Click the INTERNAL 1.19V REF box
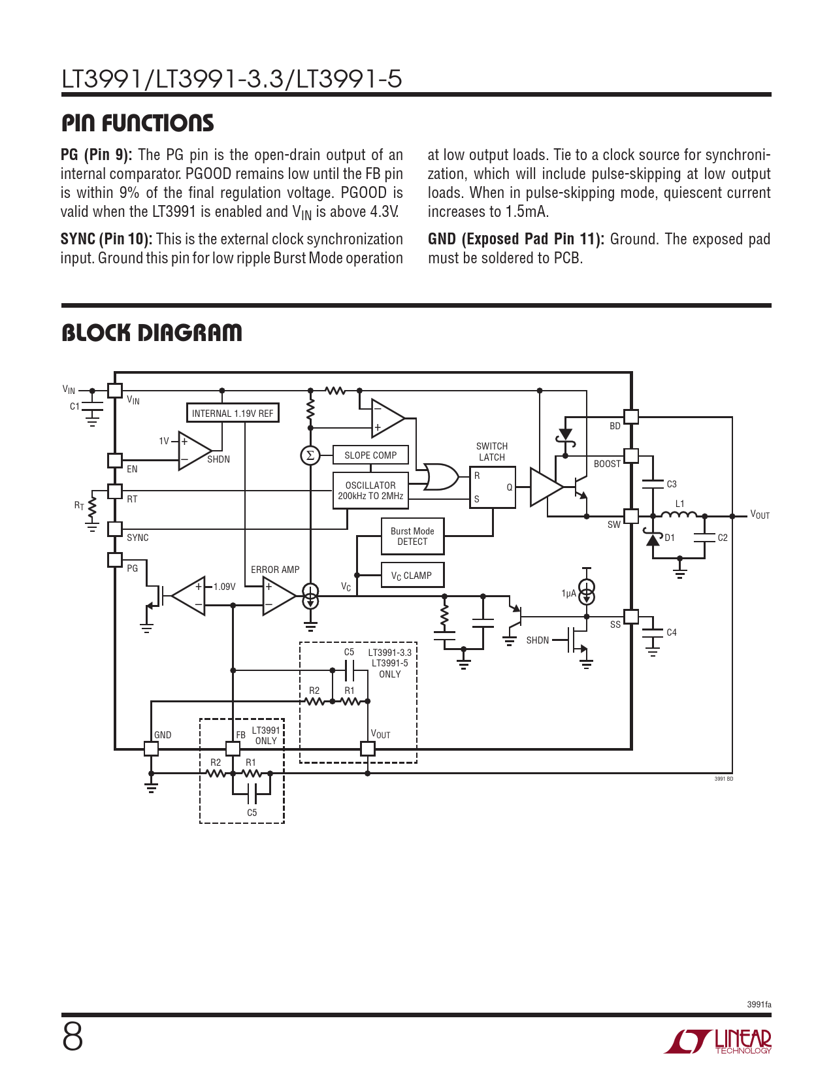[x=233, y=413]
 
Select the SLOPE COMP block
[x=370, y=455]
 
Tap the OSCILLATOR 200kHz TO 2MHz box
[x=370, y=491]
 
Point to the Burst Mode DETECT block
[x=412, y=536]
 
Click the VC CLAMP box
[x=412, y=575]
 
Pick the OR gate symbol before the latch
[x=440, y=477]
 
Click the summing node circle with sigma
[x=310, y=455]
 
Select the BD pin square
[x=631, y=416]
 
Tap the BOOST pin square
[x=631, y=455]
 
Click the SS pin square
[x=631, y=617]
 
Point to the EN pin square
[x=114, y=461]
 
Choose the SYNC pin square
[x=114, y=529]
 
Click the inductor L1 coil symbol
[x=679, y=514]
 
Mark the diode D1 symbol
[x=653, y=538]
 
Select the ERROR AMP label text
[x=275, y=570]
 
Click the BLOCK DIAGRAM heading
[x=152, y=333]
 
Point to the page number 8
[x=73, y=1037]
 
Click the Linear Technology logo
[x=717, y=1041]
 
